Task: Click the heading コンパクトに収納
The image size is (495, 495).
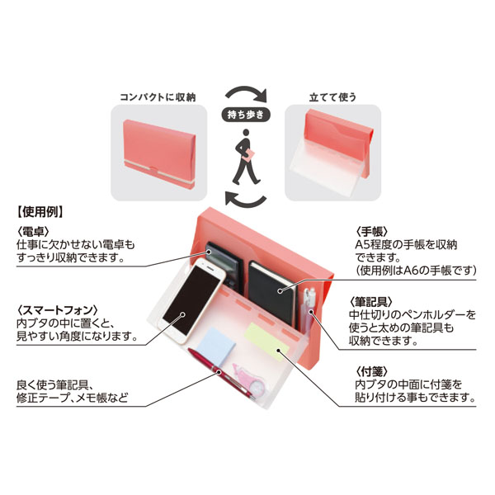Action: tap(158, 97)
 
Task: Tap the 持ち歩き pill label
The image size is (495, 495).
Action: tap(245, 115)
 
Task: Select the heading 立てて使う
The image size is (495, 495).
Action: tap(332, 97)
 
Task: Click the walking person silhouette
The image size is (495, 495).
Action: tap(246, 157)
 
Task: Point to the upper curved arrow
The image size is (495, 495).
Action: tap(246, 89)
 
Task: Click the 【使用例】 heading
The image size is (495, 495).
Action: tap(40, 212)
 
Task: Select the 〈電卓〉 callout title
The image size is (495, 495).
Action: tap(33, 231)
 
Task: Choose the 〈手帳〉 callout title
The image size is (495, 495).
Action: tap(371, 231)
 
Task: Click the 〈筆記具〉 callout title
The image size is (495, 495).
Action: tap(371, 302)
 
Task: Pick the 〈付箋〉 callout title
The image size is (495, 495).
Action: tap(371, 372)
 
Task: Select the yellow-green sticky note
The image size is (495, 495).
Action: tap(267, 342)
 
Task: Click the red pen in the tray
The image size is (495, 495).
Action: tap(221, 374)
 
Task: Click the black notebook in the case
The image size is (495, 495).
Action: tap(272, 294)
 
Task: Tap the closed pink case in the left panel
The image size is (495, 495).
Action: tap(159, 154)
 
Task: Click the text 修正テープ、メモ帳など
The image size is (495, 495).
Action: tap(73, 398)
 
